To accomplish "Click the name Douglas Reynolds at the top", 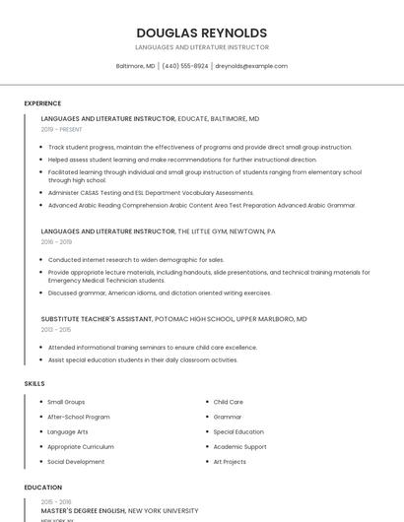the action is click(201, 33).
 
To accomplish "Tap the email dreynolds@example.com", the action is click(251, 66).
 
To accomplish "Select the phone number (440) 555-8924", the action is click(185, 66).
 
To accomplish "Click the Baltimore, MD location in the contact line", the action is click(136, 66).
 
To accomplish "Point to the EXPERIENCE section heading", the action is click(42, 103).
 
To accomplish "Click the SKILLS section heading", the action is click(34, 383).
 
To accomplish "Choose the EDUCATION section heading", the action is click(43, 488).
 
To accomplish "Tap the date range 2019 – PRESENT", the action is click(62, 129).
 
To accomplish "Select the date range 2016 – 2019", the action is click(56, 241).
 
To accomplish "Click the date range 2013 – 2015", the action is click(56, 330).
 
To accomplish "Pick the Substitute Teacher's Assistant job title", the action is click(97, 319).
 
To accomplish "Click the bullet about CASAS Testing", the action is click(151, 193).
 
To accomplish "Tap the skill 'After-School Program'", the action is click(79, 417).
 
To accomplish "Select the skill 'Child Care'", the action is click(229, 402).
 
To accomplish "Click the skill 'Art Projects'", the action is click(230, 461).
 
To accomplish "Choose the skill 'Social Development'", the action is click(76, 461).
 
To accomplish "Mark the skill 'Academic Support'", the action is click(239, 446).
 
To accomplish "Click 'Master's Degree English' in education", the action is click(83, 511).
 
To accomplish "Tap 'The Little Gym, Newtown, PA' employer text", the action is click(227, 230).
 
